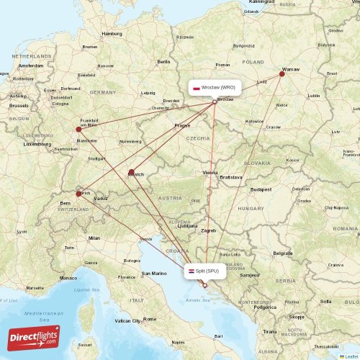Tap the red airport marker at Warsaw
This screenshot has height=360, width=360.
click(282, 73)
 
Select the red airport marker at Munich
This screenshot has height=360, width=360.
click(131, 172)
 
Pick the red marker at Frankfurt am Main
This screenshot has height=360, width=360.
click(79, 130)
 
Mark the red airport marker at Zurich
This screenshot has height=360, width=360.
click(79, 193)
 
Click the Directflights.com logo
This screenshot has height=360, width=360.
click(34, 337)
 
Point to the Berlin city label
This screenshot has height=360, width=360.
click(163, 62)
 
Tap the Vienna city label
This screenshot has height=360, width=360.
click(210, 173)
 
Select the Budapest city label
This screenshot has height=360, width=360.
click(260, 189)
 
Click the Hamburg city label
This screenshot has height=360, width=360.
click(112, 33)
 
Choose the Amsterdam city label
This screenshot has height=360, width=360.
click(31, 66)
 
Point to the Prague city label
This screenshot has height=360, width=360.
click(181, 125)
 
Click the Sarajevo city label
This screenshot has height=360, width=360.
click(250, 275)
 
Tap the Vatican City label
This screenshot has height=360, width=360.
click(127, 320)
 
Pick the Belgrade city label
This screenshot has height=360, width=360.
click(283, 253)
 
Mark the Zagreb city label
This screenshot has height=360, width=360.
click(209, 230)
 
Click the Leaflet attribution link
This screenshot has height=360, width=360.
click(348, 356)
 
